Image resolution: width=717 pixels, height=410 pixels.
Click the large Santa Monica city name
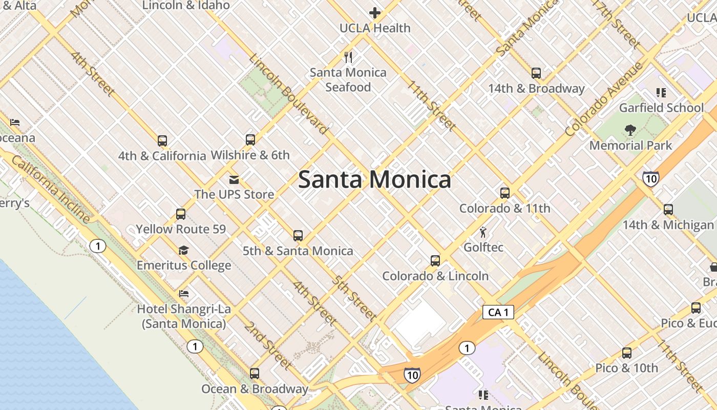[374, 179]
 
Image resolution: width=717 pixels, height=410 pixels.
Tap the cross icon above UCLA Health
[375, 13]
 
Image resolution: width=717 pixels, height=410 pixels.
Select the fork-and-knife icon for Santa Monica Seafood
[348, 57]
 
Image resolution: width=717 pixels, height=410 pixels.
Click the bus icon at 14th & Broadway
[536, 73]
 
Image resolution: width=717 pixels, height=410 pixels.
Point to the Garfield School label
[661, 108]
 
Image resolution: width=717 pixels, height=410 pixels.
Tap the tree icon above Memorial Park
[630, 130]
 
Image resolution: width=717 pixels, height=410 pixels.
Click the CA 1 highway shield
[498, 312]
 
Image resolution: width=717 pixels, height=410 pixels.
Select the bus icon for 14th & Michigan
[668, 210]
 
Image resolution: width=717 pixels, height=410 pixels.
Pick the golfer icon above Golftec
[483, 233]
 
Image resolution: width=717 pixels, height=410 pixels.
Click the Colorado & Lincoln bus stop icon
[435, 261]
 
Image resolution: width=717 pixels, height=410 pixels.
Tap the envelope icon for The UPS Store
[234, 179]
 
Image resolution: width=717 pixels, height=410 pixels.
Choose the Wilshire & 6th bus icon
[250, 140]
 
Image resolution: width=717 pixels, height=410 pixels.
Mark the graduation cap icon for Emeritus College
[183, 250]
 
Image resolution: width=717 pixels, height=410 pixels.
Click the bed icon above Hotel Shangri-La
[184, 294]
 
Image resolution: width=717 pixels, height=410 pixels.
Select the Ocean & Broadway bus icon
[255, 374]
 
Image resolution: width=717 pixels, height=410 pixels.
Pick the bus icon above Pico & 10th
[627, 353]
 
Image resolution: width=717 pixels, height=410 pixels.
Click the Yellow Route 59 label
[181, 229]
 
